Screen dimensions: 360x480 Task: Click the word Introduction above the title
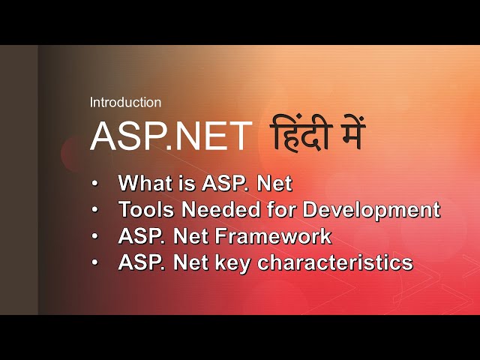125,103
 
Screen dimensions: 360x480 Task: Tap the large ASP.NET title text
171,136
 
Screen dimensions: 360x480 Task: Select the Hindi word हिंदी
299,135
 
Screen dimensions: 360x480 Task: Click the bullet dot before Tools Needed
94,210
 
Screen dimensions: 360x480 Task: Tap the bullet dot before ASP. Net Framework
94,237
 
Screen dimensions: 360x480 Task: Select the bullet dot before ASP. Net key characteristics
94,263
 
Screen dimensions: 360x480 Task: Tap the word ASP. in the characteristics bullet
144,263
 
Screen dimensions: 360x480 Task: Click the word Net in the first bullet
273,183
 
